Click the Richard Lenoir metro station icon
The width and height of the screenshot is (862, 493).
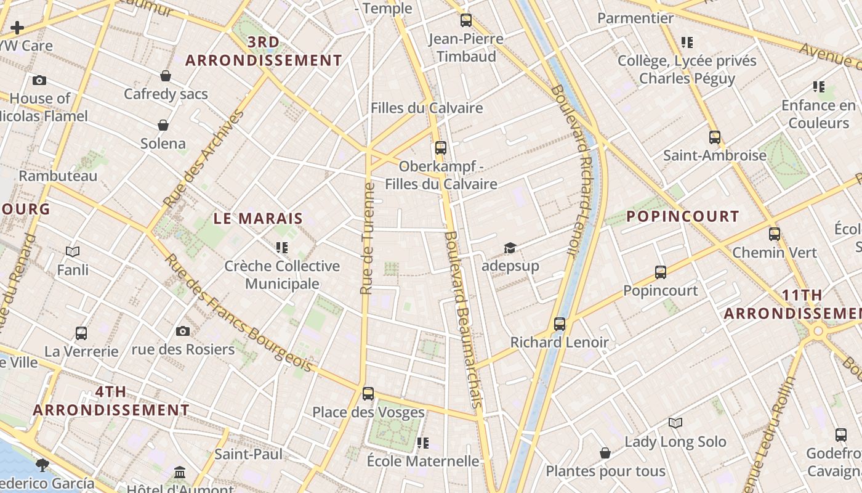point(559,324)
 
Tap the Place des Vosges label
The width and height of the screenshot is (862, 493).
point(368,412)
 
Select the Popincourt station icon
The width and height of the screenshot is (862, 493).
point(661,272)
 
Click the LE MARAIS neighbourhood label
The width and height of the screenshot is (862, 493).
point(259,218)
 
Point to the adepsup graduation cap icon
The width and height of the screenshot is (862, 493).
point(510,248)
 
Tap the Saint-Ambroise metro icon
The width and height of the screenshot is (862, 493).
point(714,137)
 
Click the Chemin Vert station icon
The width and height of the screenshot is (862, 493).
point(775,234)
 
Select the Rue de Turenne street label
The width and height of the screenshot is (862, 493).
point(368,238)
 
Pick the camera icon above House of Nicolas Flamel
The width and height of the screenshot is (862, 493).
point(39,80)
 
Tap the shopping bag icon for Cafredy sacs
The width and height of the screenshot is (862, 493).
point(166,76)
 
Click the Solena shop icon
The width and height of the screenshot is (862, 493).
point(163,125)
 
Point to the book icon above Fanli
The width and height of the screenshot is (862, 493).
point(73,251)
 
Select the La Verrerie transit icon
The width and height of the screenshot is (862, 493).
point(81,333)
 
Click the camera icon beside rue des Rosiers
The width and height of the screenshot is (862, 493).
point(183,332)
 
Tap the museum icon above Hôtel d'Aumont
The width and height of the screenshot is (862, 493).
point(180,472)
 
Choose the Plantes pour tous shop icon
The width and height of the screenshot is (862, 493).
point(605,453)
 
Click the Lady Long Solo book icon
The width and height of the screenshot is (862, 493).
point(675,423)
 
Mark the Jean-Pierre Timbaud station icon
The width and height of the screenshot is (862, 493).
point(465,20)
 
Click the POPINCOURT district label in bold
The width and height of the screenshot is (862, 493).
point(683,216)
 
